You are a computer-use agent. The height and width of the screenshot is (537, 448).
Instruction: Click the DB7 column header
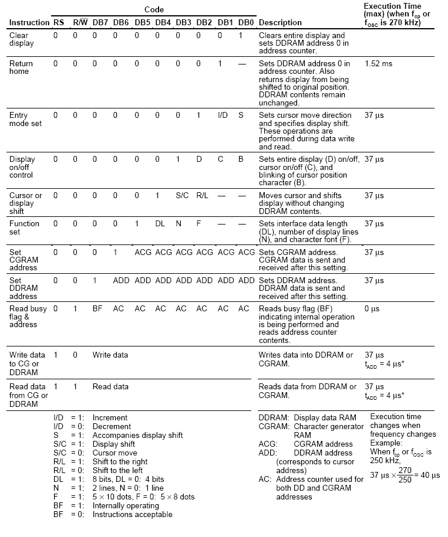click(x=100, y=22)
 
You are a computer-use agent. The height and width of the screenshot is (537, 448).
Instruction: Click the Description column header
click(x=280, y=22)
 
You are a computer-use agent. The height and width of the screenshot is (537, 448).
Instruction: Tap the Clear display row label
click(x=22, y=39)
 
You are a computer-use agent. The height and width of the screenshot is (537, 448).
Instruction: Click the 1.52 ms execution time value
click(x=378, y=63)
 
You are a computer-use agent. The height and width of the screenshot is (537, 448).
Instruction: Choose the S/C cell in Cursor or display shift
click(x=181, y=195)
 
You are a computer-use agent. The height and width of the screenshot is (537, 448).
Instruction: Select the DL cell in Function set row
click(x=159, y=223)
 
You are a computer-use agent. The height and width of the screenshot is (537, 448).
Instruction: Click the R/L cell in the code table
click(x=203, y=195)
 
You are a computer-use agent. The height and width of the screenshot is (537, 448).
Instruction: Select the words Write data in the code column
click(x=110, y=355)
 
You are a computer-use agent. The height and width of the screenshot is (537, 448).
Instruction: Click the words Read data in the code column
click(x=110, y=387)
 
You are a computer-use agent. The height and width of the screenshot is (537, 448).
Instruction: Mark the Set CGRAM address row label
click(x=23, y=260)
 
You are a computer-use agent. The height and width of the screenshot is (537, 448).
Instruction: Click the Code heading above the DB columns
click(x=154, y=9)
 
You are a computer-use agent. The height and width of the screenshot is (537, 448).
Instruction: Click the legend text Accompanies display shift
click(x=137, y=435)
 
